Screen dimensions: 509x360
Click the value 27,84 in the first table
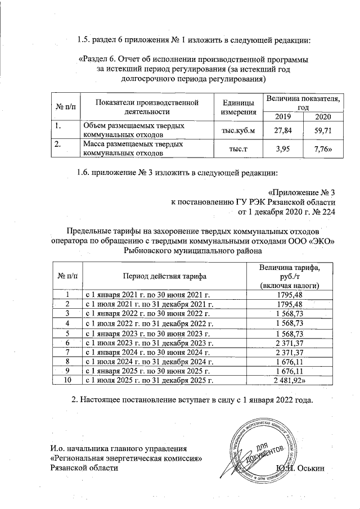(284, 131)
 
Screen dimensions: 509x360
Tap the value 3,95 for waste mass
(284, 148)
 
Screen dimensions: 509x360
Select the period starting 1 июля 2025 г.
(150, 380)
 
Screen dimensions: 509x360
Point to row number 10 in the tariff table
(67, 380)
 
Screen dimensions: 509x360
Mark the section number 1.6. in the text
(85, 172)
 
